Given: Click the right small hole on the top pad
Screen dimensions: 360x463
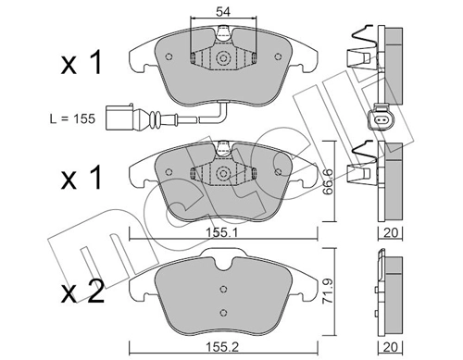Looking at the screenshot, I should [278, 56].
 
